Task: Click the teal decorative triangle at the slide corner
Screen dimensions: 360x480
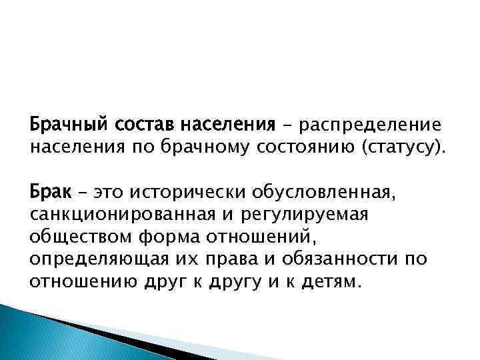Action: point(40,337)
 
